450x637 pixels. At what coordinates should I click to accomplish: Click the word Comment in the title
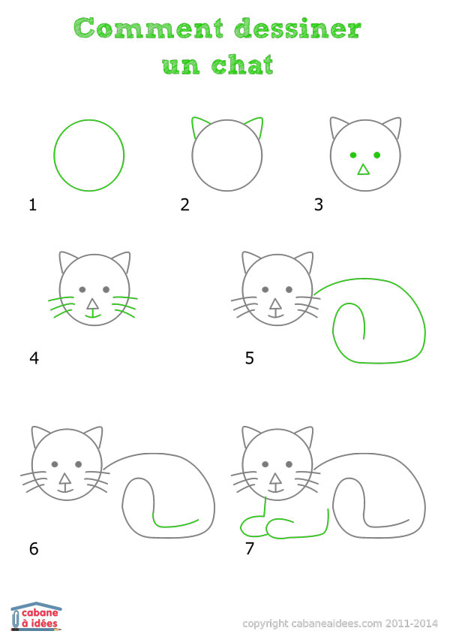[148, 28]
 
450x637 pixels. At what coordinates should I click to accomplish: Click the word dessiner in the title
[298, 28]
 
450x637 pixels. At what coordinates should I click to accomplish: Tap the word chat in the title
[242, 65]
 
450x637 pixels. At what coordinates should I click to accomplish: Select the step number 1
[33, 204]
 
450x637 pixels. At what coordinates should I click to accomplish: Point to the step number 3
[319, 204]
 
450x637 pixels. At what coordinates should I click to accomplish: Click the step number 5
[250, 358]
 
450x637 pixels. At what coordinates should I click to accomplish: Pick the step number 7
[250, 548]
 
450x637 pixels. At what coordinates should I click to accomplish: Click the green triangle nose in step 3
[364, 170]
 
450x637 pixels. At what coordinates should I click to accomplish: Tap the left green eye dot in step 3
[353, 155]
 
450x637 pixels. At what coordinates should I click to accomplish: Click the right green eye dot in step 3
[377, 155]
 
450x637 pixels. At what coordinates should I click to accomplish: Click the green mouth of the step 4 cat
[93, 315]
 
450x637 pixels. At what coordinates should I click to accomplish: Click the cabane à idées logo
[36, 616]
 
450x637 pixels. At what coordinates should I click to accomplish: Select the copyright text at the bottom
[340, 623]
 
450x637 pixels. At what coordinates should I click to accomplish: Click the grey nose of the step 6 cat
[64, 479]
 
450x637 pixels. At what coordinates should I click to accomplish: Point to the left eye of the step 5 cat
[265, 289]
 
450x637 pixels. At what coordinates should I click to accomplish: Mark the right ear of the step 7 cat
[305, 436]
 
